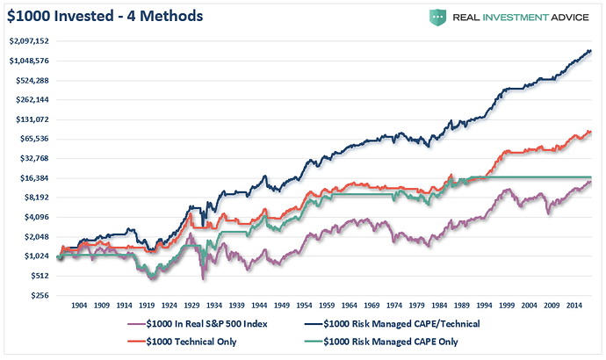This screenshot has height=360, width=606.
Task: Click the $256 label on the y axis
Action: click(x=40, y=296)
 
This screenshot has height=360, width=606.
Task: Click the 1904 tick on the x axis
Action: click(x=77, y=307)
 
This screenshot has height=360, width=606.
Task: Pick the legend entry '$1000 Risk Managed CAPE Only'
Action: click(x=385, y=342)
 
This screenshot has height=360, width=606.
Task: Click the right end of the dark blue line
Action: click(x=591, y=51)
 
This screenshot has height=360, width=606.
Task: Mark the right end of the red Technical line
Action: click(x=591, y=132)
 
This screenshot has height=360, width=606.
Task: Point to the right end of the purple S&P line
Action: click(x=591, y=182)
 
